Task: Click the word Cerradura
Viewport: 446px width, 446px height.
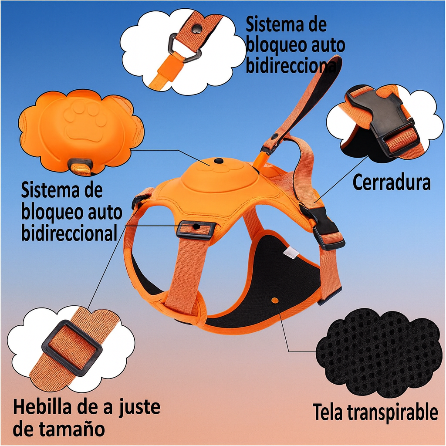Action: (x=392, y=182)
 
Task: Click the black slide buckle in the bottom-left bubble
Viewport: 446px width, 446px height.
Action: (x=72, y=348)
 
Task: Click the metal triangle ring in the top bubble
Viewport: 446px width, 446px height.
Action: (x=185, y=48)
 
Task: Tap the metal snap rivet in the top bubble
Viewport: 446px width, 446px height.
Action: (x=196, y=28)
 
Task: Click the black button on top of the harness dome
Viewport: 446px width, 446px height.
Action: (x=219, y=161)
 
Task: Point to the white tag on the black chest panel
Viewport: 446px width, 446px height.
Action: (x=291, y=251)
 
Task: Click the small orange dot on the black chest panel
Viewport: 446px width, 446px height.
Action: (x=275, y=300)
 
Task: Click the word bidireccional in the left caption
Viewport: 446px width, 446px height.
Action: (x=69, y=233)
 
